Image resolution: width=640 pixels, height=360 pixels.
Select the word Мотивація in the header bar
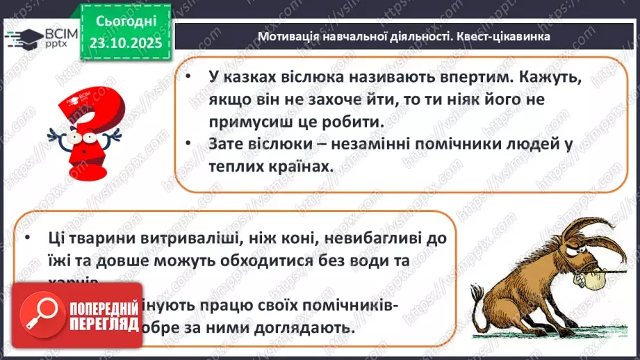coord(288,37)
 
